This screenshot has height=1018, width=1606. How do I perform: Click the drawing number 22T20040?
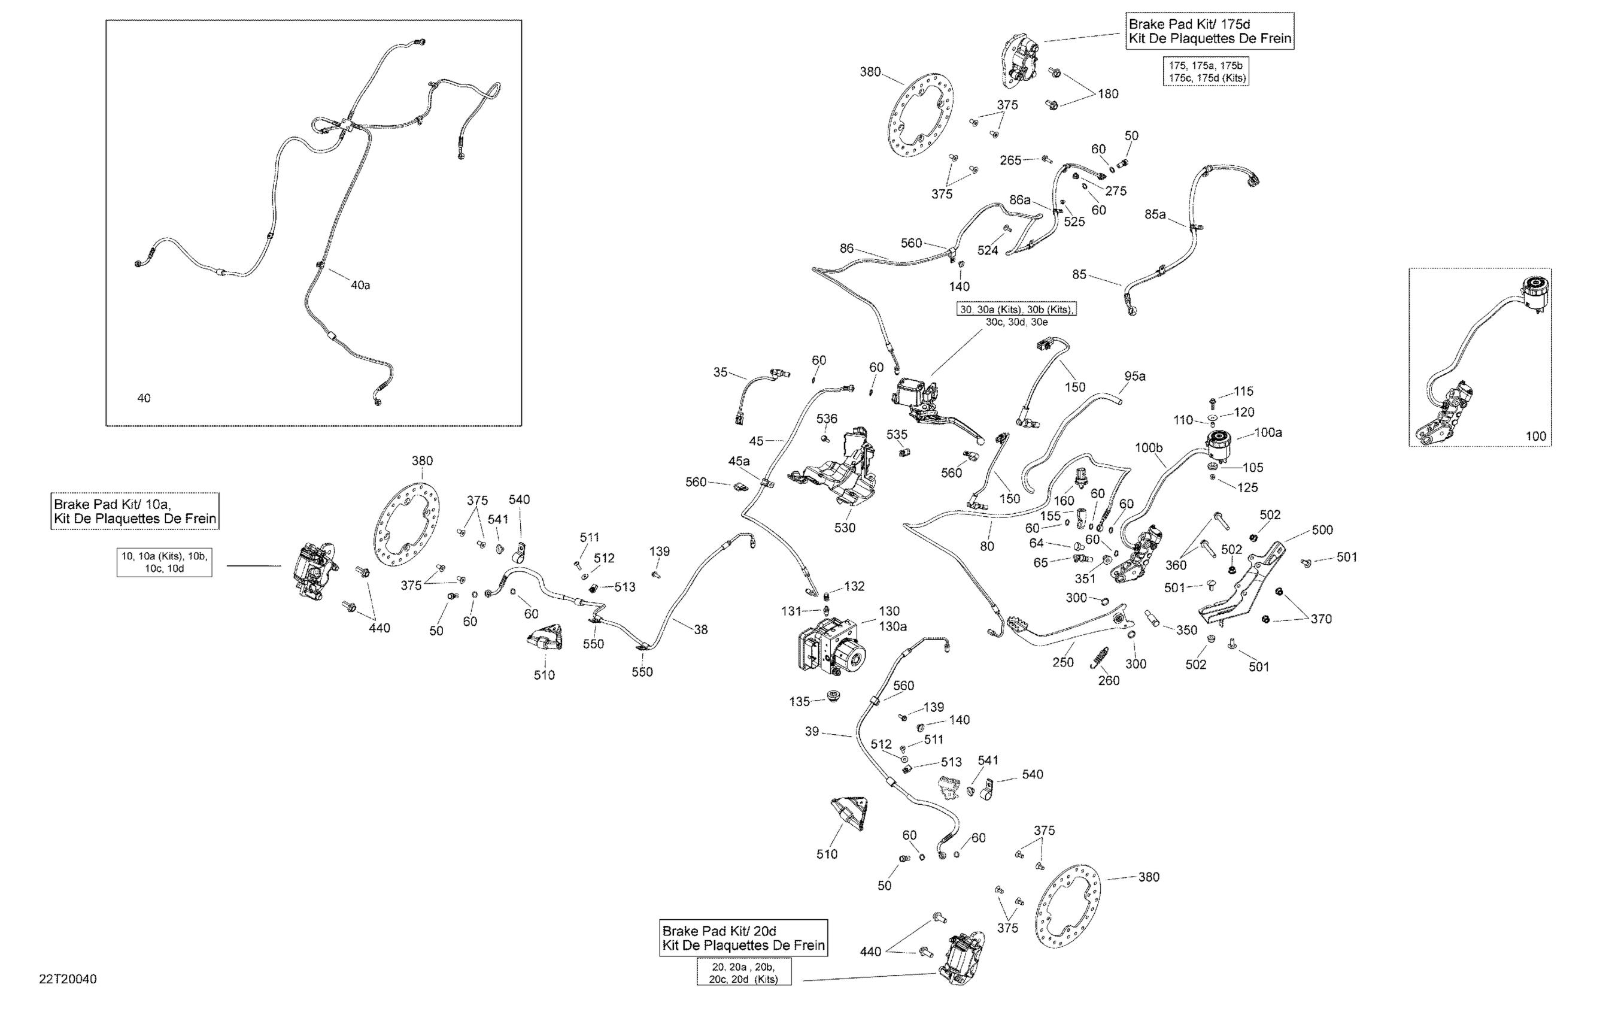point(68,979)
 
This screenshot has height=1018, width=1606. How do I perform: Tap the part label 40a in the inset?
point(360,285)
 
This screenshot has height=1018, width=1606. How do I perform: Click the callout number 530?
point(845,528)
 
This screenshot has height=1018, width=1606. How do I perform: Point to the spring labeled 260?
point(1099,658)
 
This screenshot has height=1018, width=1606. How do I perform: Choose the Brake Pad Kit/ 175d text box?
point(1210,31)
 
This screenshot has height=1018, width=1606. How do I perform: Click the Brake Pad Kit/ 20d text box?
point(743,938)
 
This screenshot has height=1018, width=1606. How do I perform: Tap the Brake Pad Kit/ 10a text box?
point(135,511)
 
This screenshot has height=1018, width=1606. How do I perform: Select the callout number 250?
point(1062,662)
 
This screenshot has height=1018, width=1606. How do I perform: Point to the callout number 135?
point(799,701)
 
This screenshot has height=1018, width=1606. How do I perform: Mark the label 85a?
point(1155,214)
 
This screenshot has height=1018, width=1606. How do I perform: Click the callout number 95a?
point(1134,376)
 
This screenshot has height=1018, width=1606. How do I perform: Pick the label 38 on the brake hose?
point(700,629)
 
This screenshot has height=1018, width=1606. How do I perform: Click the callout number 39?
point(812,731)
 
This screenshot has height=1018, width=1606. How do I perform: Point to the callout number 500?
point(1322,530)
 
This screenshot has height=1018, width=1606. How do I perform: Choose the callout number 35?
point(720,372)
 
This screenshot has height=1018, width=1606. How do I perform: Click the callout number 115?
point(1243,391)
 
